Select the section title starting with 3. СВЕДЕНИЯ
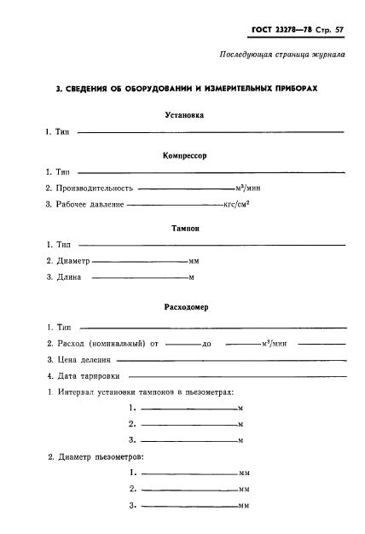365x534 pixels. (x=182, y=89)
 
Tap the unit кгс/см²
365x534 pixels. (x=235, y=204)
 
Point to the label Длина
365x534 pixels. (x=69, y=276)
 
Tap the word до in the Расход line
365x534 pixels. (x=206, y=344)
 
